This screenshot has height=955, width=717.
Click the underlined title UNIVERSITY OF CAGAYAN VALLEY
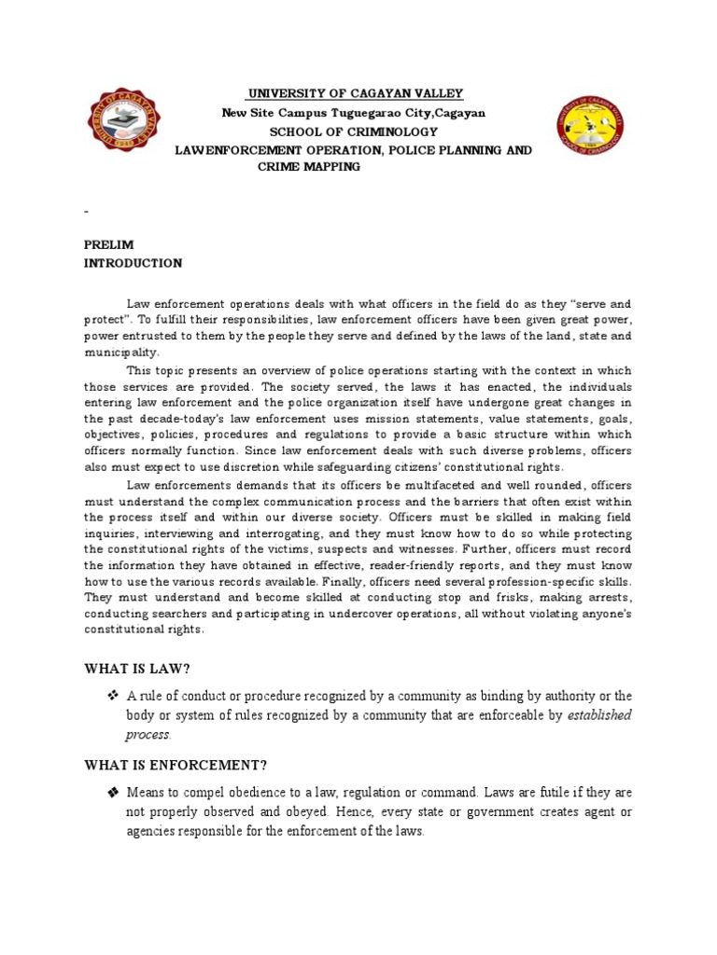click(x=355, y=94)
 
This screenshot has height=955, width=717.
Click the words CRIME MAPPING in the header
click(x=308, y=166)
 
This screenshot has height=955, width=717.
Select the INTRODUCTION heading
click(x=133, y=263)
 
